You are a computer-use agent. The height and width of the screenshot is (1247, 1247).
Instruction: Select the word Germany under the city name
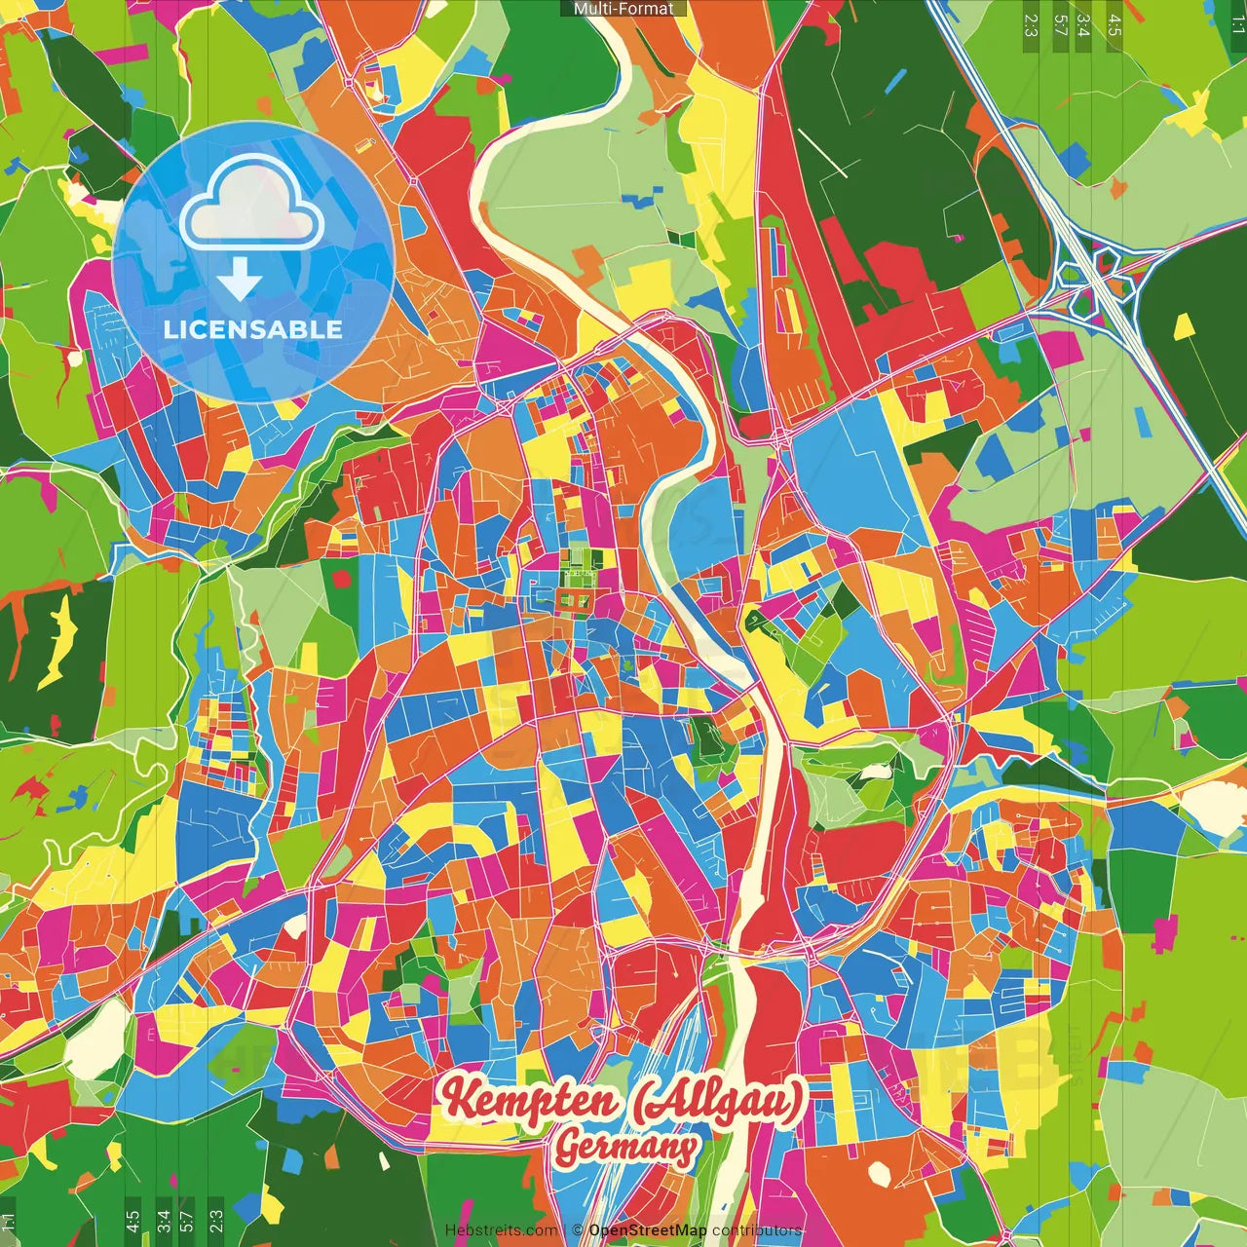tap(626, 1148)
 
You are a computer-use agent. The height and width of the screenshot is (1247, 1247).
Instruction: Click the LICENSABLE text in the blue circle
tap(253, 329)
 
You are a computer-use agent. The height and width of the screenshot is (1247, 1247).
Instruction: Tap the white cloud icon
tap(252, 208)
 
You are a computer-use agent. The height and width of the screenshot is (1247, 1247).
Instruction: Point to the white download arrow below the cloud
tap(240, 283)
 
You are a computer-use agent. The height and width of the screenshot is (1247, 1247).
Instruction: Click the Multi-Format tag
tap(623, 9)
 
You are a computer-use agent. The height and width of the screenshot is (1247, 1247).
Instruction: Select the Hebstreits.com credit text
tap(501, 1230)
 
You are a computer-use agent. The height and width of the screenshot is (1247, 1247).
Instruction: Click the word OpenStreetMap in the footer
tap(648, 1230)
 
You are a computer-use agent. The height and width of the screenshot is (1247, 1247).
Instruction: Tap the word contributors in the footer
tap(757, 1230)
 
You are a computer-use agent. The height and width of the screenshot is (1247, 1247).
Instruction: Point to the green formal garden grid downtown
tap(574, 581)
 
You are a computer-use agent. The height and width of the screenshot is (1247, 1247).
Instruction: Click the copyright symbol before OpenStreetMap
tap(578, 1230)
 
